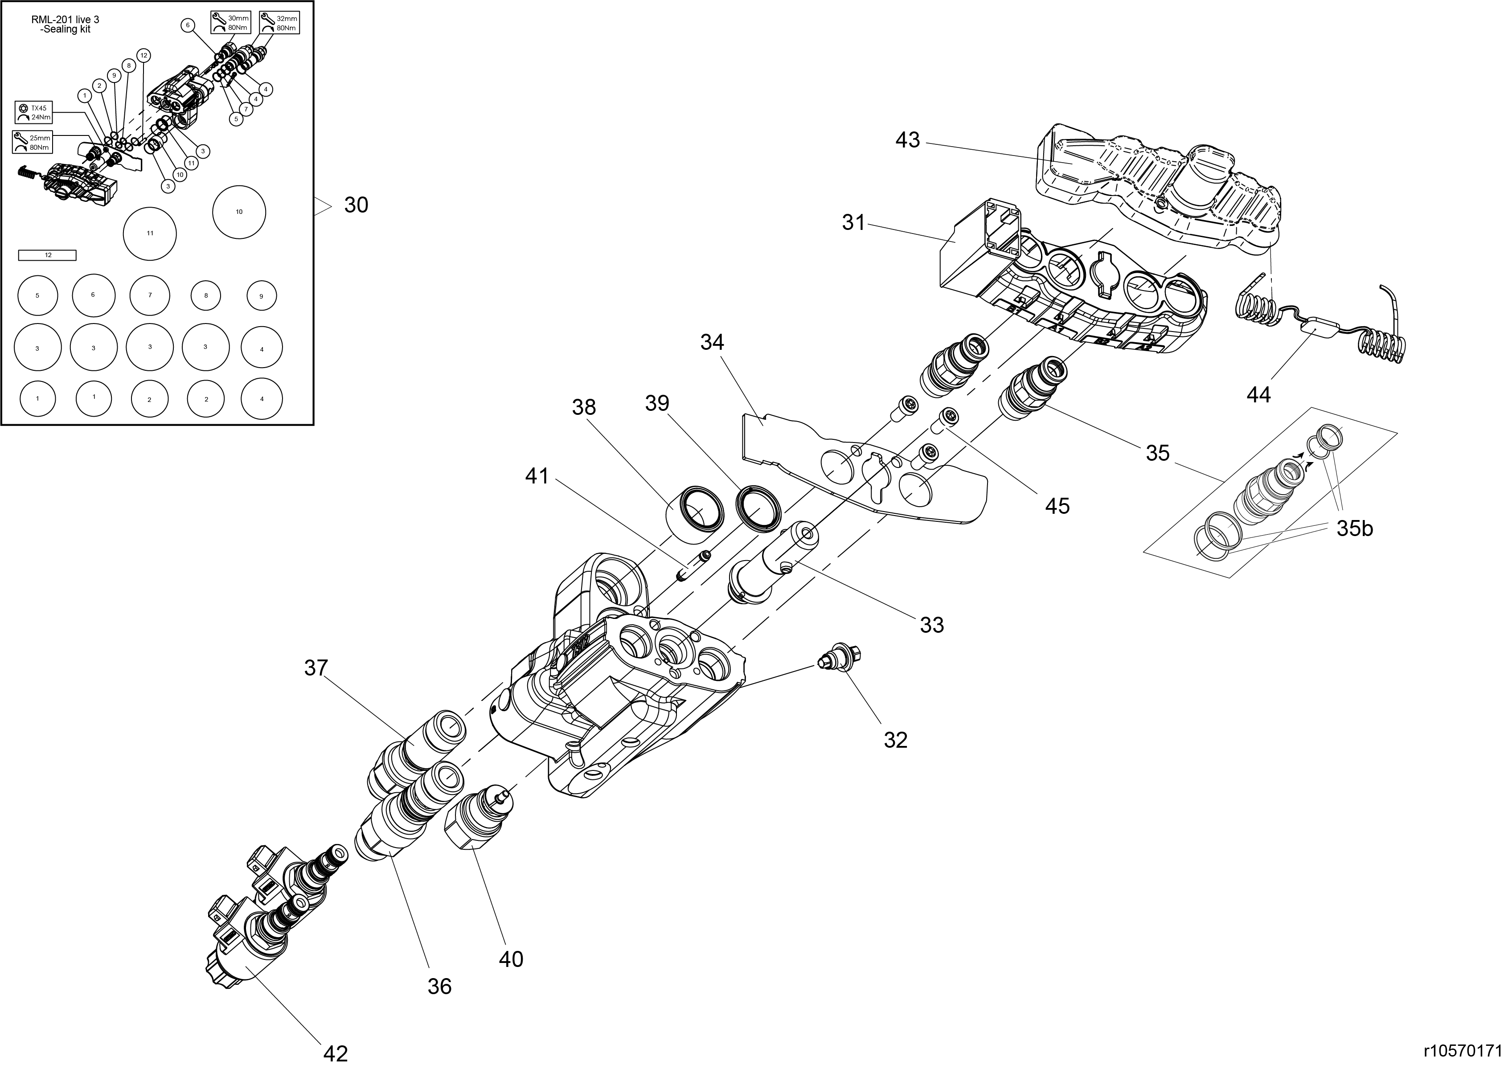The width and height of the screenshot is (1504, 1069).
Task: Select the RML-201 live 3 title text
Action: [x=65, y=25]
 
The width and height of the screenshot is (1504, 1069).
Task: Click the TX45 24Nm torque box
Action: [x=33, y=113]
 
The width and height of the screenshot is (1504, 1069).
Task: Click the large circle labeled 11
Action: [x=150, y=233]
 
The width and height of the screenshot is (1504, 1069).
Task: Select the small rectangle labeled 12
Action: [x=47, y=255]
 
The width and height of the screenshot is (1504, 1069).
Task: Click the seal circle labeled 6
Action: [x=93, y=295]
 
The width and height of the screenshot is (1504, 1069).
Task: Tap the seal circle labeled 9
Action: [x=261, y=296]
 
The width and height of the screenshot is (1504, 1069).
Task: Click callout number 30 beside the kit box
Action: [x=356, y=205]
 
